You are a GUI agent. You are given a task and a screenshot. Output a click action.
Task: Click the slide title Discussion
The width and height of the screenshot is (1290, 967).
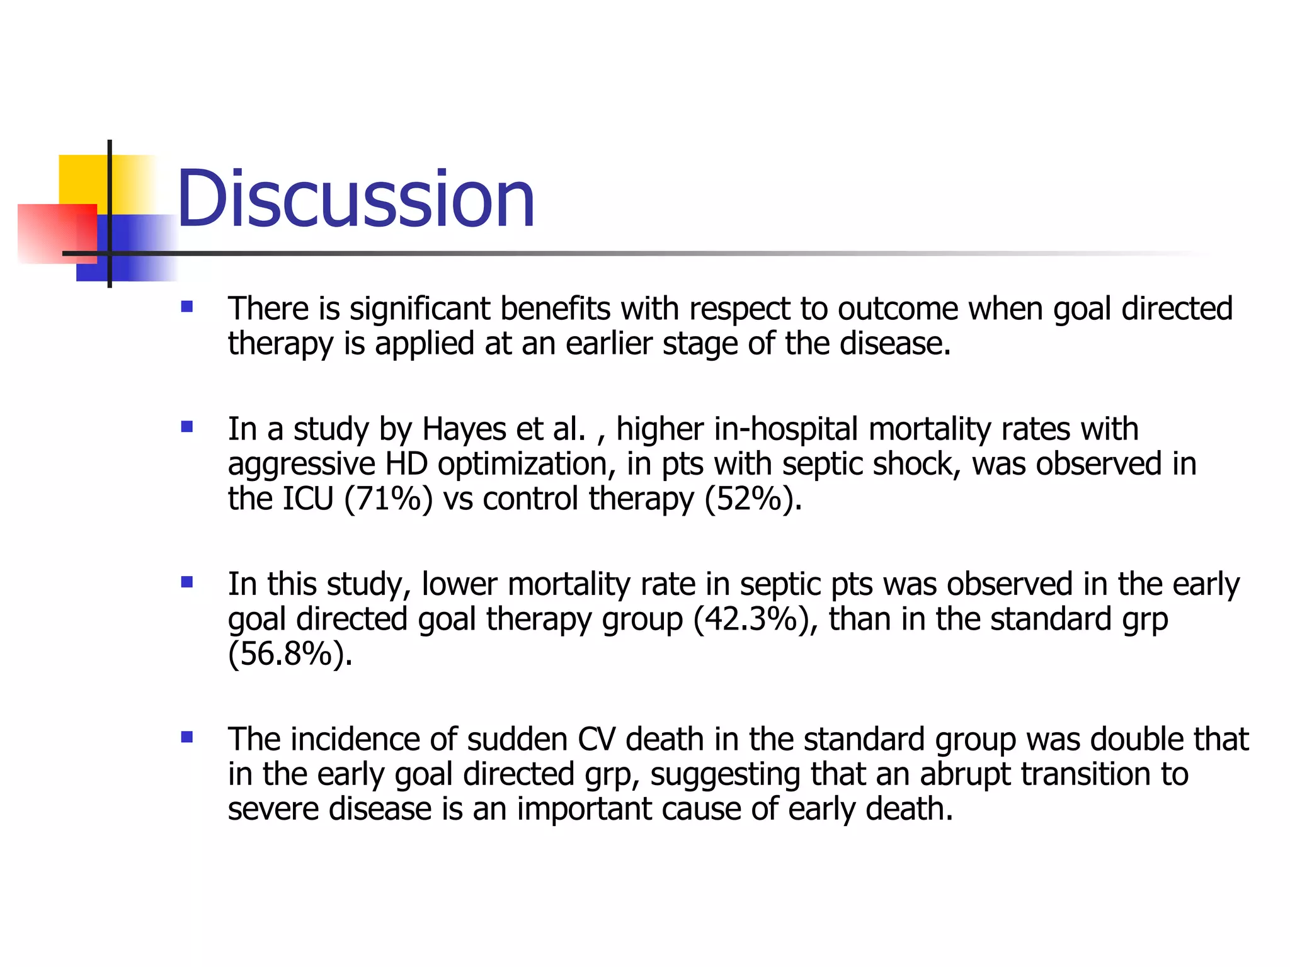click(355, 199)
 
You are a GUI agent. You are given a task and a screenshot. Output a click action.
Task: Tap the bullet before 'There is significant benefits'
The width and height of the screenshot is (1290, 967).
click(186, 307)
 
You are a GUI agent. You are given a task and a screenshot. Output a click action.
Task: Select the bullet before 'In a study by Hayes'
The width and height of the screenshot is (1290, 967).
click(186, 427)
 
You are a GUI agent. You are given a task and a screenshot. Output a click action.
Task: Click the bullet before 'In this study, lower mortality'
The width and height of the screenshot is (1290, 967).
click(186, 582)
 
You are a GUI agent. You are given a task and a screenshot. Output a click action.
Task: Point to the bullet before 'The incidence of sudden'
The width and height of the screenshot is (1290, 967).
click(186, 737)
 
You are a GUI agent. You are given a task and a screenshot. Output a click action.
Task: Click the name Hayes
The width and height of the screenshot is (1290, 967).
click(464, 430)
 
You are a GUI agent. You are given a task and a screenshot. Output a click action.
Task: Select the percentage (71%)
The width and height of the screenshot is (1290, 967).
click(388, 499)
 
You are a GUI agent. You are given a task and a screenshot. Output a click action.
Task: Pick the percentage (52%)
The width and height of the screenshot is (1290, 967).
click(753, 499)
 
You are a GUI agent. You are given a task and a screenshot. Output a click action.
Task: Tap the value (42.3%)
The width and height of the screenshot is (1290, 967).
click(755, 619)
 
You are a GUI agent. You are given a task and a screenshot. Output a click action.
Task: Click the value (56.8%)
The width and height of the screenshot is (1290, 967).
click(290, 654)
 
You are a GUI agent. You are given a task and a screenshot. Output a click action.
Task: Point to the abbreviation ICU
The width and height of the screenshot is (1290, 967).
click(307, 499)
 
